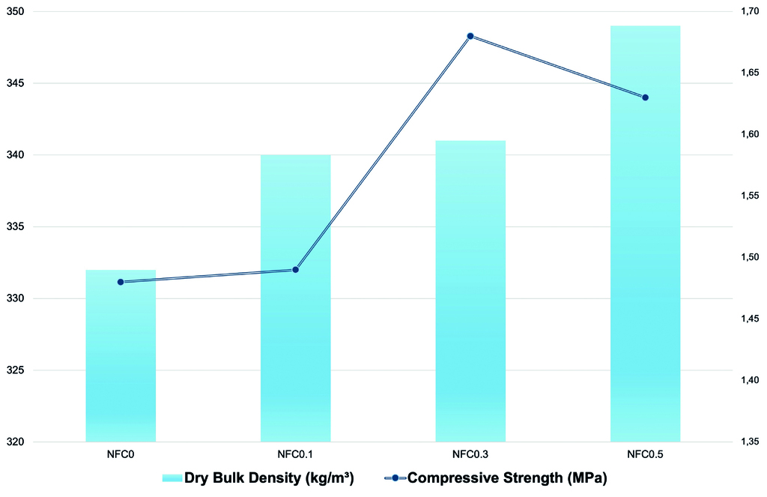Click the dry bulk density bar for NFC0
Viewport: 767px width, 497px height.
pyautogui.click(x=121, y=356)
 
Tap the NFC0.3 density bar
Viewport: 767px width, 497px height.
pyautogui.click(x=470, y=292)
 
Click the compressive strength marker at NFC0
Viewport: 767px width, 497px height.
pyautogui.click(x=121, y=282)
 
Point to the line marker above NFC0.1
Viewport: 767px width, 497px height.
pyautogui.click(x=295, y=270)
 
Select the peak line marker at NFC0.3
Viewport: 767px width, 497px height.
pyautogui.click(x=470, y=36)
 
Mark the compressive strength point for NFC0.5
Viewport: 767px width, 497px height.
pyautogui.click(x=645, y=97)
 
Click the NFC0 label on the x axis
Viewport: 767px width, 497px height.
pyautogui.click(x=121, y=454)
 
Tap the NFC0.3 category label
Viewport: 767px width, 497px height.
pyautogui.click(x=470, y=454)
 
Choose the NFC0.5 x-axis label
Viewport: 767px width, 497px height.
pyautogui.click(x=645, y=454)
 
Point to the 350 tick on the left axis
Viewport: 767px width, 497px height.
pyautogui.click(x=15, y=12)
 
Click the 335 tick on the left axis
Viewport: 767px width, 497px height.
pyautogui.click(x=15, y=227)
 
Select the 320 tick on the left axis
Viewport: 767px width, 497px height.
pyautogui.click(x=15, y=442)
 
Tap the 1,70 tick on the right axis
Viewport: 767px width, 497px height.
pyautogui.click(x=747, y=12)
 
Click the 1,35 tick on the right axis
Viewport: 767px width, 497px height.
pyautogui.click(x=747, y=442)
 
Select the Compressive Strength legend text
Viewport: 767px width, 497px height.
pyautogui.click(x=506, y=478)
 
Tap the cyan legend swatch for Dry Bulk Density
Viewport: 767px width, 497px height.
pyautogui.click(x=172, y=478)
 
